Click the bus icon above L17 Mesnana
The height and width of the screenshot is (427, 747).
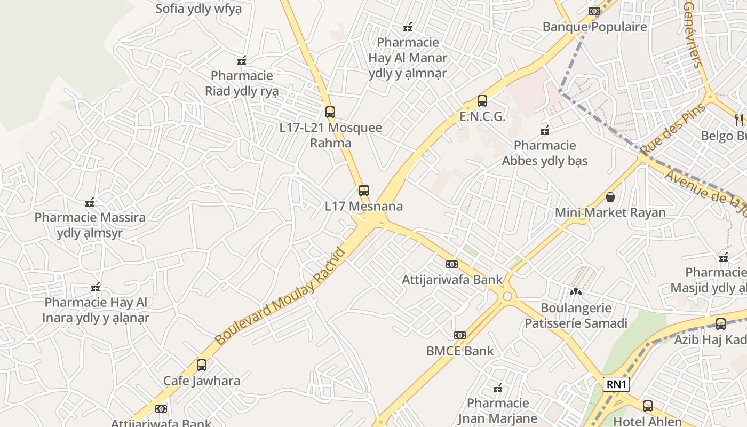click(x=364, y=191)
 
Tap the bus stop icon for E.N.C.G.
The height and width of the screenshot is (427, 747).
click(x=482, y=101)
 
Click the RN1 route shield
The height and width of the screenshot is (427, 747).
click(x=617, y=384)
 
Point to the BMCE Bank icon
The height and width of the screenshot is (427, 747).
click(x=459, y=335)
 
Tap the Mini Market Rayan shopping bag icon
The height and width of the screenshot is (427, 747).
click(x=610, y=197)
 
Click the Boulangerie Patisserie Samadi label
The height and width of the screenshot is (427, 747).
click(x=576, y=315)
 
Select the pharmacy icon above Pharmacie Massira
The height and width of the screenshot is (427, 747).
click(x=90, y=202)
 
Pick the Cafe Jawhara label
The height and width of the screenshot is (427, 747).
click(x=202, y=381)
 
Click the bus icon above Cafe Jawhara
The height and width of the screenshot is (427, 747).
click(x=202, y=365)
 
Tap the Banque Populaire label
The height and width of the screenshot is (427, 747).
click(x=594, y=27)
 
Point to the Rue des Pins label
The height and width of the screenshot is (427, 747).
click(x=673, y=128)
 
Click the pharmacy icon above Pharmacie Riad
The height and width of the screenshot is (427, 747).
click(x=242, y=60)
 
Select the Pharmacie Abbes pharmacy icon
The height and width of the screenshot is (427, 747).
click(x=545, y=130)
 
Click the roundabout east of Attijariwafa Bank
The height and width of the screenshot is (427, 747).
click(x=507, y=296)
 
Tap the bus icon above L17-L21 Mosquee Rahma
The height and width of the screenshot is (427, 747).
click(x=330, y=112)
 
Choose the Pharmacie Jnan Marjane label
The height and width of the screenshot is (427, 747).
click(x=498, y=410)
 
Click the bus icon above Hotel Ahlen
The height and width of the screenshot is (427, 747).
click(x=648, y=406)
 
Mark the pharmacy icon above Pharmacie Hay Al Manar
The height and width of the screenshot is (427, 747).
click(x=408, y=27)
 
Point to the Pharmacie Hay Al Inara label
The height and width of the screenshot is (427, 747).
click(x=96, y=310)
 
